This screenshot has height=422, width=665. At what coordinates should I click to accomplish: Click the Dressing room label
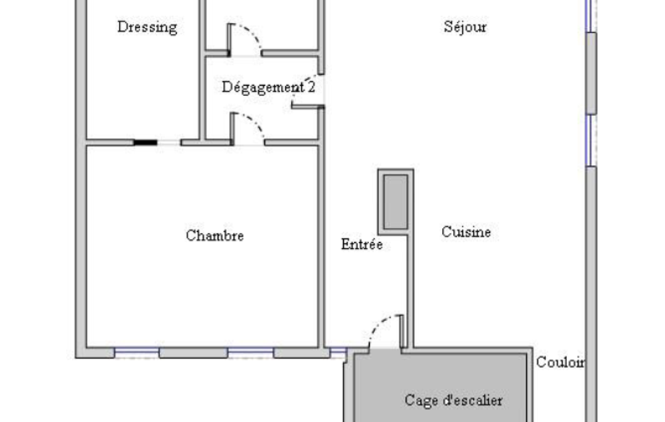(x=147, y=27)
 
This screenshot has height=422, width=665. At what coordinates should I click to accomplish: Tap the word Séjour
(x=465, y=27)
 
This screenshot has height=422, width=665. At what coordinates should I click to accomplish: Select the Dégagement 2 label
(x=269, y=88)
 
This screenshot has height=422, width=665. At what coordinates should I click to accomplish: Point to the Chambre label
(x=215, y=236)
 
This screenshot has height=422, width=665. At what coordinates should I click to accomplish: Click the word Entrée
(x=362, y=244)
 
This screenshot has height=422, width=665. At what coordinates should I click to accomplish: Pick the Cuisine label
(x=466, y=232)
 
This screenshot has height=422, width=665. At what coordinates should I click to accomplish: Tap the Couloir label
(x=561, y=362)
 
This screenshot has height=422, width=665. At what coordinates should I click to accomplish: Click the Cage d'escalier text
(x=453, y=400)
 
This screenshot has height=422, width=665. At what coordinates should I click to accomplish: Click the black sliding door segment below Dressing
(x=145, y=143)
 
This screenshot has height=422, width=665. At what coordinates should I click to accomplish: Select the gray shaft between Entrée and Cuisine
(x=396, y=202)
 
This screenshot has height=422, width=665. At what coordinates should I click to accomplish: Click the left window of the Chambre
(x=136, y=353)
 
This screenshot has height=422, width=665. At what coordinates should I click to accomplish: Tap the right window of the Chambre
(x=250, y=353)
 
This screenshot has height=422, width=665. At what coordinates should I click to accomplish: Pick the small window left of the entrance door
(x=338, y=353)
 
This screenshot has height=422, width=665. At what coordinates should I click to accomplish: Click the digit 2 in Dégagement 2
(x=311, y=87)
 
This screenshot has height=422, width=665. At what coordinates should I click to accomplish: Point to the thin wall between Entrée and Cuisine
(x=410, y=291)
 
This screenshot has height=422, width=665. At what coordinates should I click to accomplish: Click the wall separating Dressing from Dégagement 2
(x=202, y=70)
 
